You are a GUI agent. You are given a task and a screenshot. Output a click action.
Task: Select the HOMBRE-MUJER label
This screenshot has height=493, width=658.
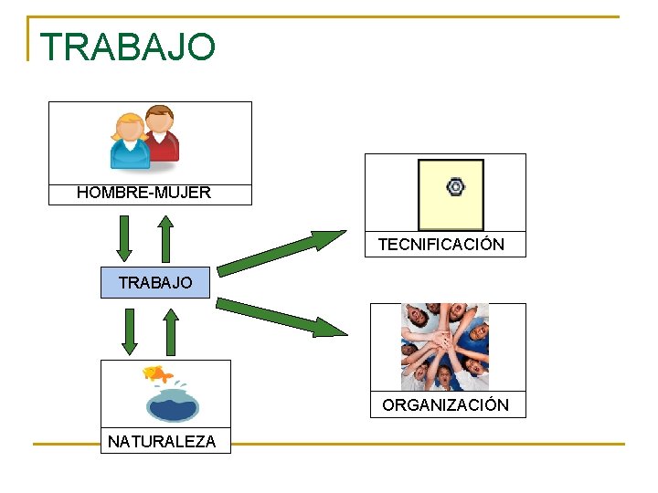143,193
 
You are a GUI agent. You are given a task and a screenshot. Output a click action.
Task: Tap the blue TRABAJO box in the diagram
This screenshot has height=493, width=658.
155,283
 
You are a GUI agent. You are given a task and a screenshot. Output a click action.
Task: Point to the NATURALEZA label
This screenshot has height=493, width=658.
162,442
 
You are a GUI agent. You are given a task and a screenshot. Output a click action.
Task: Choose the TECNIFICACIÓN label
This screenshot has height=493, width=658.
441,245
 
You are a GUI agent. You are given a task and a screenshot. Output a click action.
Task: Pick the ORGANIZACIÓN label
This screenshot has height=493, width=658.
446,404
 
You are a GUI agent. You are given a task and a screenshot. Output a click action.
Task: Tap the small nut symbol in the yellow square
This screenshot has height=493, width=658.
455,187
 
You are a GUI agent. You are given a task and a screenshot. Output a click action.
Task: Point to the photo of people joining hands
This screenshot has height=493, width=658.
445,347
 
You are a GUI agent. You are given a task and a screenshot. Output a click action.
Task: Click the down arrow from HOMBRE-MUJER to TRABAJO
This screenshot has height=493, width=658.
125,238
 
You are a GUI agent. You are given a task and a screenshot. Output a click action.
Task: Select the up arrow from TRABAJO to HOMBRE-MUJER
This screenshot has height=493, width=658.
165,238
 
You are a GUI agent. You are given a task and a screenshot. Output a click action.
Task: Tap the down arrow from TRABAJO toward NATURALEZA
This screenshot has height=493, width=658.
130,331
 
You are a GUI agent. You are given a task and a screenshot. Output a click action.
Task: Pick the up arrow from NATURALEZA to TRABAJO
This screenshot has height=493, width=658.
170,331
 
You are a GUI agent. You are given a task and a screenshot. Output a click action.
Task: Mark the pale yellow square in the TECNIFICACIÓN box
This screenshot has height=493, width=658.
451,195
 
